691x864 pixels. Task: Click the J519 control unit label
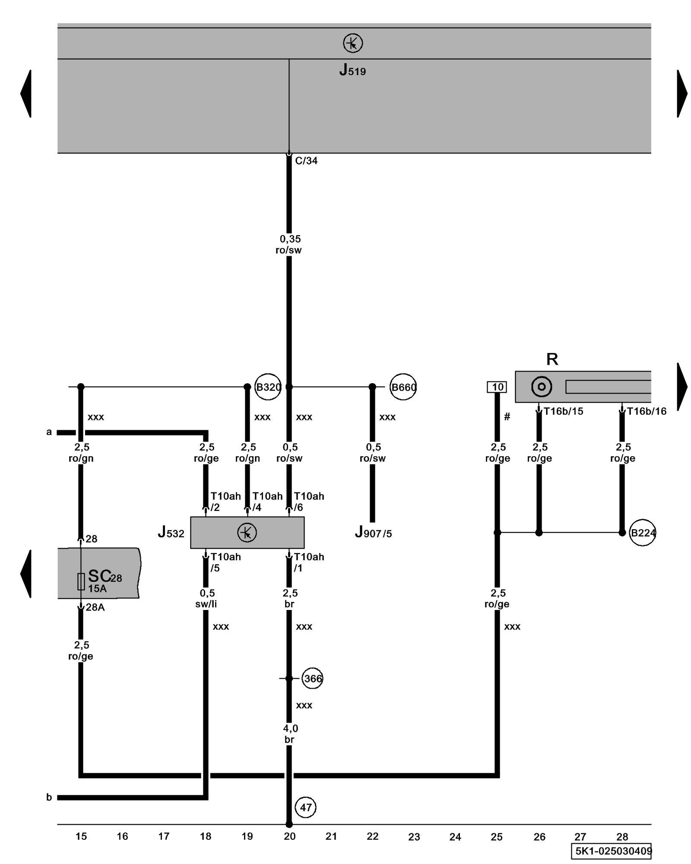pos(352,70)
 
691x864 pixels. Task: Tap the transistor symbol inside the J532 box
pos(247,532)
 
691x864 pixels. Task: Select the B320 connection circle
pos(268,387)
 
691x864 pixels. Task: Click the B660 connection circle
pos(403,387)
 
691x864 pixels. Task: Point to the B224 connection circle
pos(643,533)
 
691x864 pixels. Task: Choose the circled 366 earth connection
pos(312,678)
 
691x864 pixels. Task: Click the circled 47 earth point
pos(306,807)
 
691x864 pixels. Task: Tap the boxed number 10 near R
pos(497,387)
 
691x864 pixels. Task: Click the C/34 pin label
pos(306,161)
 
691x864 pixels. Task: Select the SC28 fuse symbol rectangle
pos(81,581)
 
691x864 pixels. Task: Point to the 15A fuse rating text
pos(97,588)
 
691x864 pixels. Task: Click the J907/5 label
pos(373,533)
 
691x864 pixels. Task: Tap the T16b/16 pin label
pos(647,411)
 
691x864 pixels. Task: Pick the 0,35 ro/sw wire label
pos(289,245)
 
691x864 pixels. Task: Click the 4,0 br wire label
pos(290,734)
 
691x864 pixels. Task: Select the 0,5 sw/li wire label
pos(206,598)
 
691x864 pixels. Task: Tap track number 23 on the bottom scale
pos(414,837)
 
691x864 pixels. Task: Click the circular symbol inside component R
pos(542,387)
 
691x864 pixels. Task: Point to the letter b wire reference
pos(49,797)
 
